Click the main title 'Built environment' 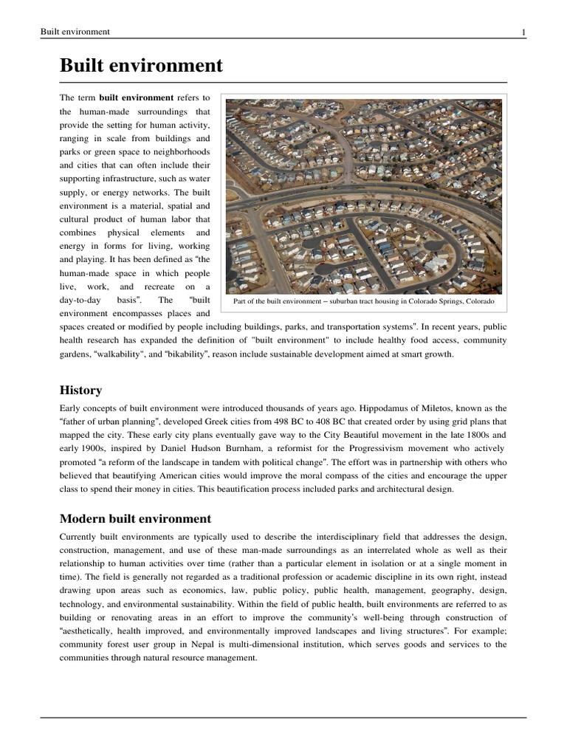141,66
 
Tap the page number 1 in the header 523,32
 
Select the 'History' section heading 80,390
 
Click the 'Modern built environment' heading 135,518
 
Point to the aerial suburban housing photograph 363,196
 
